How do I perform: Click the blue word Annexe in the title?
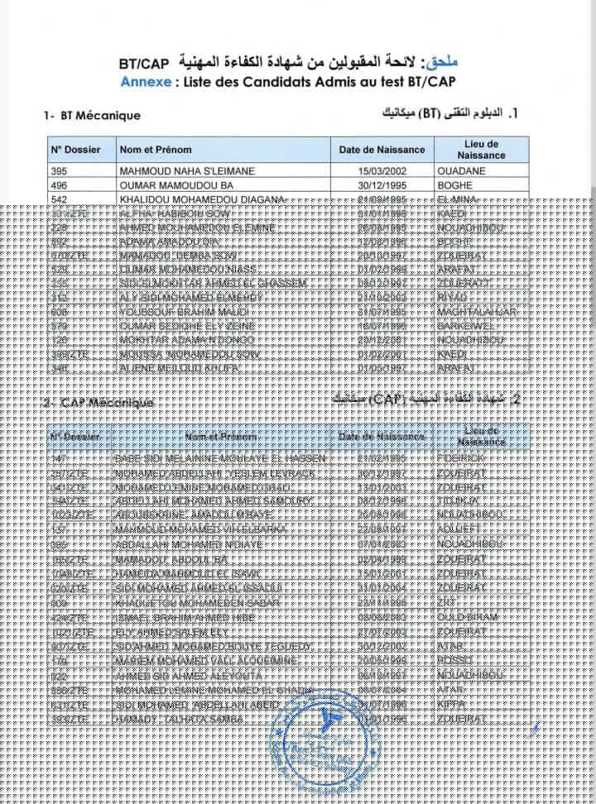click(146, 82)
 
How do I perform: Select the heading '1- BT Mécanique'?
click(92, 116)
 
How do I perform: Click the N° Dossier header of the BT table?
click(75, 150)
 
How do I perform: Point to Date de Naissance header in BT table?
click(382, 150)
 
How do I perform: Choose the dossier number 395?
click(59, 171)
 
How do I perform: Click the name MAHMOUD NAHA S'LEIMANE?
click(187, 171)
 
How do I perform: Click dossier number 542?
click(59, 199)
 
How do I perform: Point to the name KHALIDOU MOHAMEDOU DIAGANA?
click(202, 199)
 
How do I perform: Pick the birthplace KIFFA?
click(452, 704)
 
